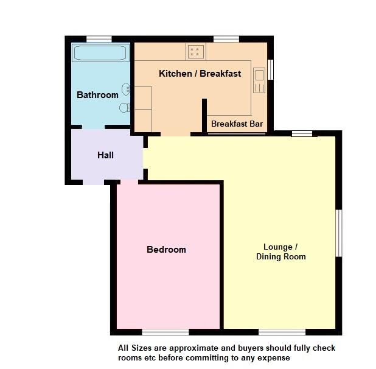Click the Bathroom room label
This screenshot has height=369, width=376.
97,95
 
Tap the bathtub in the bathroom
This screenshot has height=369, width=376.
100,52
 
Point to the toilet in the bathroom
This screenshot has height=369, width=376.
125,108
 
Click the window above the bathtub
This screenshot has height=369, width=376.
99,39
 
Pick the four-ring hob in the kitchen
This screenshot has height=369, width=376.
195,51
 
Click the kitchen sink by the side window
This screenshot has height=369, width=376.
259,79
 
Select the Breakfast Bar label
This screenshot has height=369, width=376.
237,124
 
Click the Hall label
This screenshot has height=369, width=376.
105,155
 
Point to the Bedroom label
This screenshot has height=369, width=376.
166,250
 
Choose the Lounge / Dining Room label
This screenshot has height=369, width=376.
280,251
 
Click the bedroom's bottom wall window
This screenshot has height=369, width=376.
165,332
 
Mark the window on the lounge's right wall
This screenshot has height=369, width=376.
339,233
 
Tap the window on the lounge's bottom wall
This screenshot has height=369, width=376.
282,332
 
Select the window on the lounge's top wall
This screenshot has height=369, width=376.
302,133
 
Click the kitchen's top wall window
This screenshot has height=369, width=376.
226,39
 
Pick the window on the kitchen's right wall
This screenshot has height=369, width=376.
270,69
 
